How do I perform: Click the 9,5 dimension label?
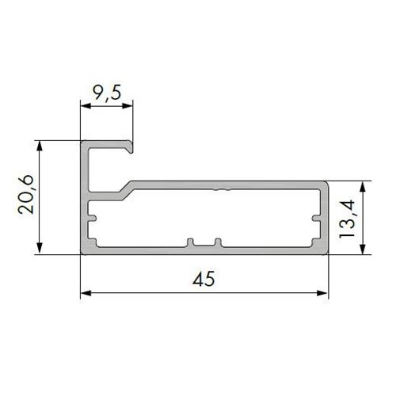[108, 93]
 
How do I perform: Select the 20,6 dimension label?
[26, 194]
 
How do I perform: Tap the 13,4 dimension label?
[347, 219]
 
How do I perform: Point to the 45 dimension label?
[204, 278]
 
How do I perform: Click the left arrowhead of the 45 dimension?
[86, 293]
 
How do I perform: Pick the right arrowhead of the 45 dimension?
[322, 293]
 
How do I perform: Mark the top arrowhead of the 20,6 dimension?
[40, 146]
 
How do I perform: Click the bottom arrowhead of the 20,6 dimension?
[40, 249]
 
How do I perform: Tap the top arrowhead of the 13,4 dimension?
[363, 187]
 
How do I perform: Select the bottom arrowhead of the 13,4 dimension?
[363, 249]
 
